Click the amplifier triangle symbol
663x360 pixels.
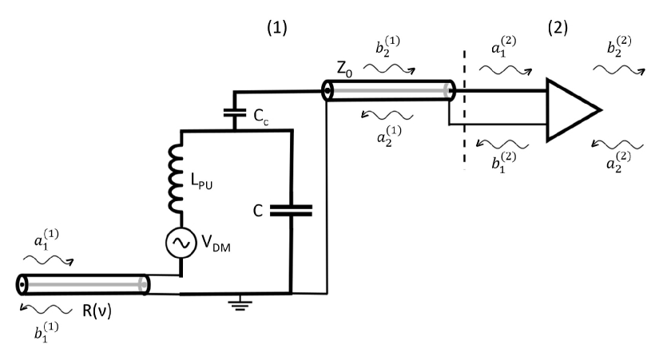569,109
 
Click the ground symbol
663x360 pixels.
238,303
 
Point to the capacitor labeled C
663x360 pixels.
292,211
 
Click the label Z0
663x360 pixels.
344,69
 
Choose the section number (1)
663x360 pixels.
276,28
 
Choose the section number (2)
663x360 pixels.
558,28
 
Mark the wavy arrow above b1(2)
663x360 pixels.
502,144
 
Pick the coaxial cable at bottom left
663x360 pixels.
82,284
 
